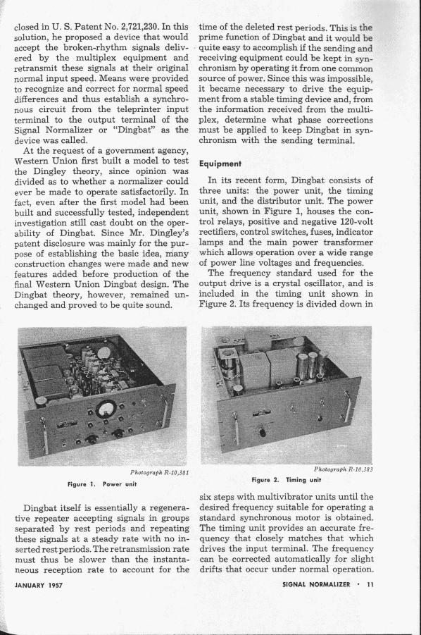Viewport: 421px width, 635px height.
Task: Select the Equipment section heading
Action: coord(220,164)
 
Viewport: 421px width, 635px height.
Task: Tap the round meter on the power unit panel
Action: coord(106,409)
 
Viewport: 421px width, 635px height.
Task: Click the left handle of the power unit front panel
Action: coord(45,436)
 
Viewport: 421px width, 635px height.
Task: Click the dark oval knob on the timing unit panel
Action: coord(263,433)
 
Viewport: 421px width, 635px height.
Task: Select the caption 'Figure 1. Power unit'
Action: coord(102,484)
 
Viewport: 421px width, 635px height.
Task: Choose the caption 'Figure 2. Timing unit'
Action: coord(286,480)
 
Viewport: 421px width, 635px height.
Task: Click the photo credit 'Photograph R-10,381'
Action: coord(159,472)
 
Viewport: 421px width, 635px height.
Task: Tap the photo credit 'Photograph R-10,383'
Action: coord(344,469)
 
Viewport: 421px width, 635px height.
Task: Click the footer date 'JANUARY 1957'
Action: coord(39,585)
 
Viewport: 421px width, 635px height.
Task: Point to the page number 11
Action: coord(370,584)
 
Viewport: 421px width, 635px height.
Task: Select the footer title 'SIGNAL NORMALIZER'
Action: coord(316,584)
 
